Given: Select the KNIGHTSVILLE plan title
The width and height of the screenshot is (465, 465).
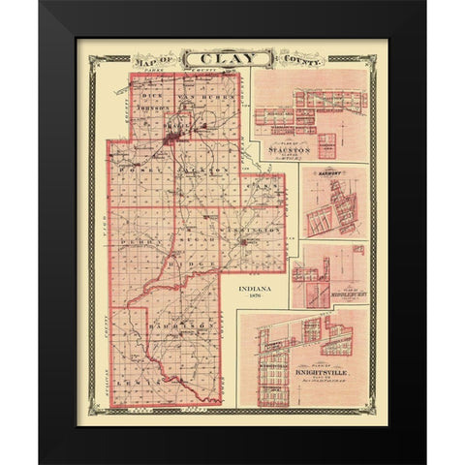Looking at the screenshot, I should click(312, 371).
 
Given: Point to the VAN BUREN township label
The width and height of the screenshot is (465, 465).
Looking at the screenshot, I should click(199, 98).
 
